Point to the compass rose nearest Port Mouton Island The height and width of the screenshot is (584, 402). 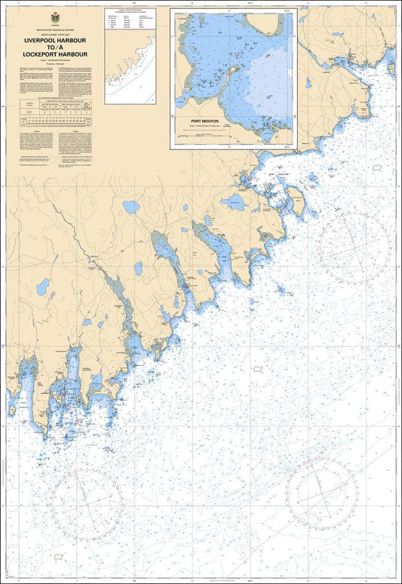(x=353, y=247)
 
